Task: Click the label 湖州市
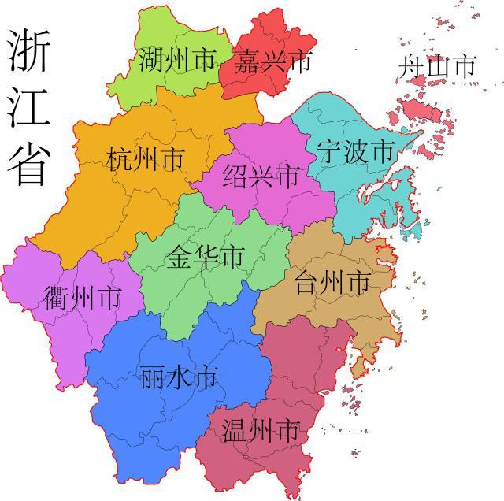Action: pyautogui.click(x=176, y=60)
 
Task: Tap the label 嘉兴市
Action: pyautogui.click(x=272, y=60)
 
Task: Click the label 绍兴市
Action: pyautogui.click(x=261, y=174)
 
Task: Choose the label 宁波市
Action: pyautogui.click(x=354, y=150)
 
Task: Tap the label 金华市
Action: pyautogui.click(x=205, y=256)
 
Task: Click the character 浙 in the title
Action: pyautogui.click(x=29, y=50)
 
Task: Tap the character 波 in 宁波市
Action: pyautogui.click(x=354, y=150)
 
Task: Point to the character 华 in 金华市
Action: pyautogui.click(x=205, y=256)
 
